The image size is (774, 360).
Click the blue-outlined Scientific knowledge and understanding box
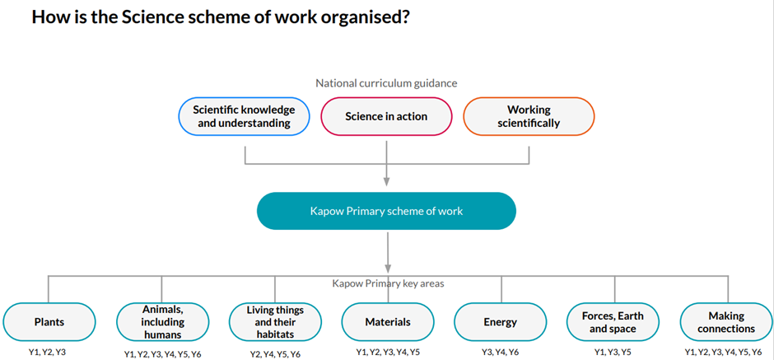[244, 116]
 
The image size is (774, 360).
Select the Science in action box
[386, 116]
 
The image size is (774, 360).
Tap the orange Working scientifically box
[529, 116]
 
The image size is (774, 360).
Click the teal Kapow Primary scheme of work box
[386, 211]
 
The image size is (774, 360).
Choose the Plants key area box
[49, 322]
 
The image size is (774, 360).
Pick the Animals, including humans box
[162, 322]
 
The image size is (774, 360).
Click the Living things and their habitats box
[275, 322]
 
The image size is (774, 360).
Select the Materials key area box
[388, 322]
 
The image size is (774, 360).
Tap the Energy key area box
[501, 322]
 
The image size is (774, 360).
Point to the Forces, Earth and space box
[613, 322]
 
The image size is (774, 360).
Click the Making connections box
[726, 322]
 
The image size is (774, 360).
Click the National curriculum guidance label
[386, 83]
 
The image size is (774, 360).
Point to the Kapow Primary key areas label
[388, 284]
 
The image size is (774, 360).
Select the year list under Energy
[501, 352]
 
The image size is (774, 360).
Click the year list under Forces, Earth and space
[613, 352]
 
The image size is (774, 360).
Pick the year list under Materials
[388, 352]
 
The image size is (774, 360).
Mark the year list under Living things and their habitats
[275, 354]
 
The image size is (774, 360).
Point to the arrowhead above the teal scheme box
[386, 180]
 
